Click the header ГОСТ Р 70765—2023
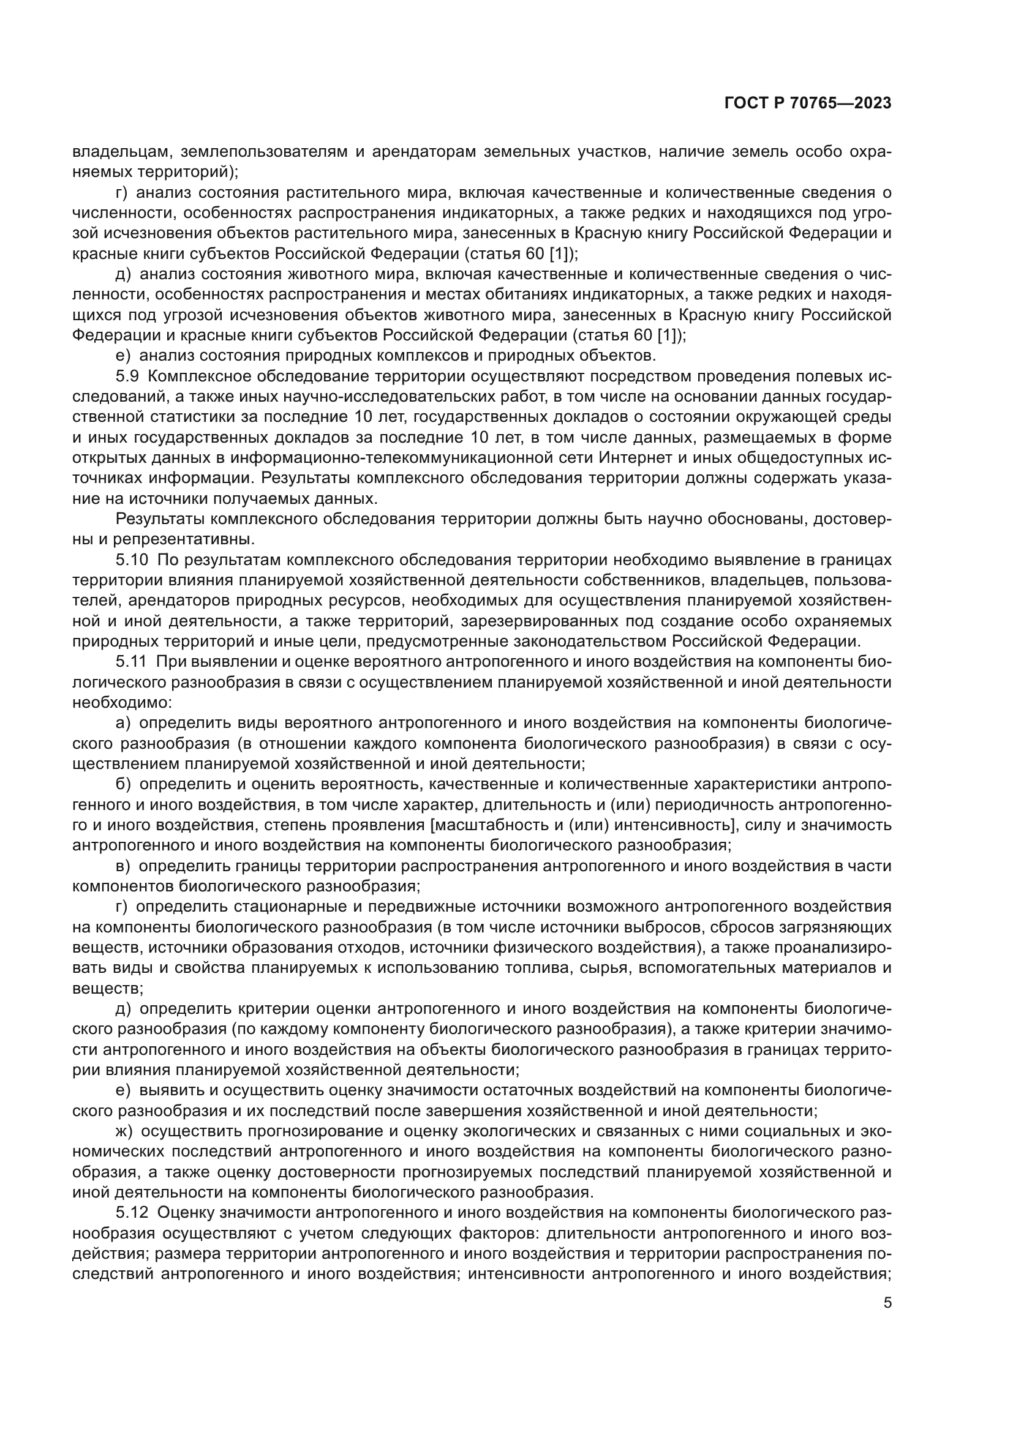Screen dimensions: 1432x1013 click(x=808, y=103)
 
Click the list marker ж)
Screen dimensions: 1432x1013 click(x=124, y=1131)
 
